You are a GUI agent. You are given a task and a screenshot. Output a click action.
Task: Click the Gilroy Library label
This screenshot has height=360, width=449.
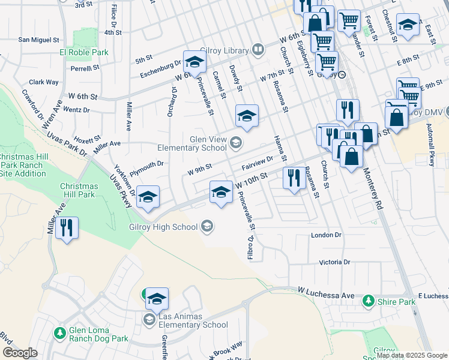[228, 51]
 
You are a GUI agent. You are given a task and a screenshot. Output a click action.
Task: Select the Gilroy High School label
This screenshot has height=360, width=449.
[163, 227]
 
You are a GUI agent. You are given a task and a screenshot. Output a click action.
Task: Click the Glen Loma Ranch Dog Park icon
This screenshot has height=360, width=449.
[59, 332]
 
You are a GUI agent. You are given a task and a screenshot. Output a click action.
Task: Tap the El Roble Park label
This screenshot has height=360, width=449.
[83, 53]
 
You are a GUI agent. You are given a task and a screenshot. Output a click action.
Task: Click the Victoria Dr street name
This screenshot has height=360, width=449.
[334, 262]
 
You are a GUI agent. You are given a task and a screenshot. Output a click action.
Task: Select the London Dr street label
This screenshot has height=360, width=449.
[326, 235]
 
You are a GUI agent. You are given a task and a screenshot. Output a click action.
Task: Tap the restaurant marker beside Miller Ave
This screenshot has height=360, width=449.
[67, 228]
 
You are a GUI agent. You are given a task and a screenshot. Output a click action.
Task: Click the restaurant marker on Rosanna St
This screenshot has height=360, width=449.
[294, 178]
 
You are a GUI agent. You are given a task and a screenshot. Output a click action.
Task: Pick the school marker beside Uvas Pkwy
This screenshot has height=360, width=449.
[148, 197]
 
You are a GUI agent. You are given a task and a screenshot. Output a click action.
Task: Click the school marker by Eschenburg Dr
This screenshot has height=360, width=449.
[194, 62]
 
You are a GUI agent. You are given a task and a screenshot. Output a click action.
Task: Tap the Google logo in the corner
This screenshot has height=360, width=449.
[20, 353]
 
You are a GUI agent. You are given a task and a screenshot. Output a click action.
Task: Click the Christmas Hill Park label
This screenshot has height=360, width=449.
[78, 190]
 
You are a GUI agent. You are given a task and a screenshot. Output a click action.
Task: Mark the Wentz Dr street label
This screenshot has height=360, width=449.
[76, 110]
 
